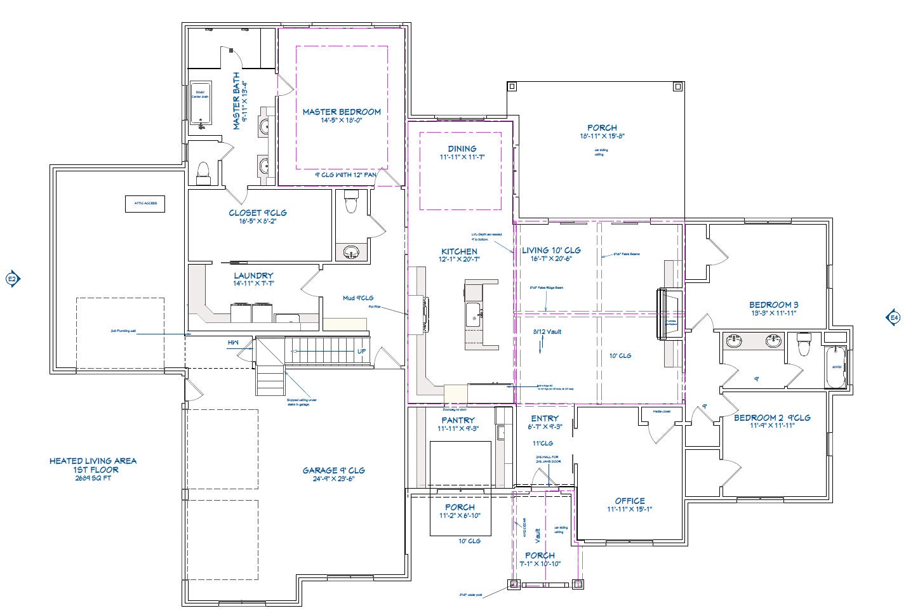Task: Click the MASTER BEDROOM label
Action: pyautogui.click(x=342, y=112)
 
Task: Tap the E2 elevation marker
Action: pyautogui.click(x=13, y=279)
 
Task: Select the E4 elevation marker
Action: pyautogui.click(x=893, y=317)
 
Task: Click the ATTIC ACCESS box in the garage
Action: pyautogui.click(x=145, y=204)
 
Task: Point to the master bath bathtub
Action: pyautogui.click(x=201, y=103)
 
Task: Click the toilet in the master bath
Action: pyautogui.click(x=203, y=171)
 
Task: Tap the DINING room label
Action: pyautogui.click(x=462, y=148)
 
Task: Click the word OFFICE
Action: pyautogui.click(x=629, y=501)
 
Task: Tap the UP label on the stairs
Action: pyautogui.click(x=361, y=351)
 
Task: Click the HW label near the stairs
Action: pyautogui.click(x=234, y=343)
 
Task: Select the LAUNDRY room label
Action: pyautogui.click(x=253, y=275)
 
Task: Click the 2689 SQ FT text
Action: pyautogui.click(x=93, y=478)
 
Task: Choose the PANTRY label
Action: pyautogui.click(x=458, y=420)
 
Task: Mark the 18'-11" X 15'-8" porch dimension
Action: pyautogui.click(x=602, y=136)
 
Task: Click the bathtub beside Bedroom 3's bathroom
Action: pyautogui.click(x=836, y=367)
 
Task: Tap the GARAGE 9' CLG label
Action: pyautogui.click(x=333, y=470)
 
